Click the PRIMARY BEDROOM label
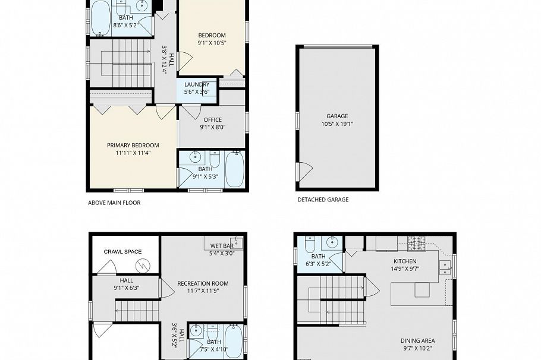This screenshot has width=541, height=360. click(133, 145)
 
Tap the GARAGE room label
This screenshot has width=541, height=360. click(336, 116)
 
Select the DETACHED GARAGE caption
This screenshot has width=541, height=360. click(323, 200)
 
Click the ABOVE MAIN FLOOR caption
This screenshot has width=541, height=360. click(114, 203)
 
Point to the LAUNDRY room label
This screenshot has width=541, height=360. click(196, 84)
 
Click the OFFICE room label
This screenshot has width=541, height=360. click(212, 120)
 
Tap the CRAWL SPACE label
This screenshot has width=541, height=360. click(122, 251)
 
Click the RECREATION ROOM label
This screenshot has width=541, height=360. click(203, 283)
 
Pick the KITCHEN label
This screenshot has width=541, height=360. click(405, 261)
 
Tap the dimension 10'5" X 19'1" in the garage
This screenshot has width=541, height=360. click(336, 124)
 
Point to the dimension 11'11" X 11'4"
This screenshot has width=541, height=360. click(133, 153)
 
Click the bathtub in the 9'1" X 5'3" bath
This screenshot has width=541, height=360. click(235, 169)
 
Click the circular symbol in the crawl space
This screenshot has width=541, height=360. click(142, 264)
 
